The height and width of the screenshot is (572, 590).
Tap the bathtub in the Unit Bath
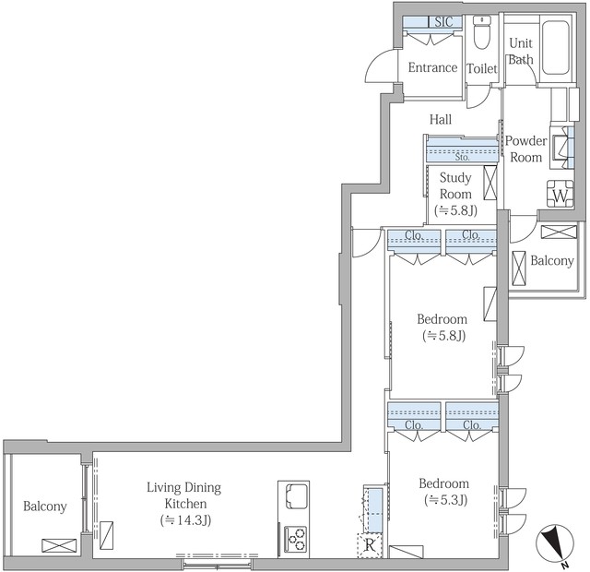tap(555, 47)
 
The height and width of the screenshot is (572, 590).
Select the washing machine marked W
tap(560, 195)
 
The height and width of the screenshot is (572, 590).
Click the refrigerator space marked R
tap(369, 545)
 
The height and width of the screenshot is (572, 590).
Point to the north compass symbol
tap(555, 543)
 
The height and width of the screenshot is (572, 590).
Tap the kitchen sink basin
tap(297, 496)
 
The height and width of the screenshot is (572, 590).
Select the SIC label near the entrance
tap(444, 22)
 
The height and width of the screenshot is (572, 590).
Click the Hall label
tap(441, 119)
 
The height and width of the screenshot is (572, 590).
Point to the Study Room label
tap(455, 185)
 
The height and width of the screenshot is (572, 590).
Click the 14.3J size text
tap(185, 520)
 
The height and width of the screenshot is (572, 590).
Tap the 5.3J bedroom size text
tap(446, 500)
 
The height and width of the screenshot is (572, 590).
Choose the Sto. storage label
tap(462, 157)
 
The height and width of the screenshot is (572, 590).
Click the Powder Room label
tap(525, 149)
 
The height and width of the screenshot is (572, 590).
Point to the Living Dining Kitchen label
tap(184, 495)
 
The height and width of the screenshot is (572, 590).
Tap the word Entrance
tap(432, 67)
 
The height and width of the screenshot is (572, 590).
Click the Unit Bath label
tap(521, 52)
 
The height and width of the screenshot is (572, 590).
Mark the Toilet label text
tap(482, 68)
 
